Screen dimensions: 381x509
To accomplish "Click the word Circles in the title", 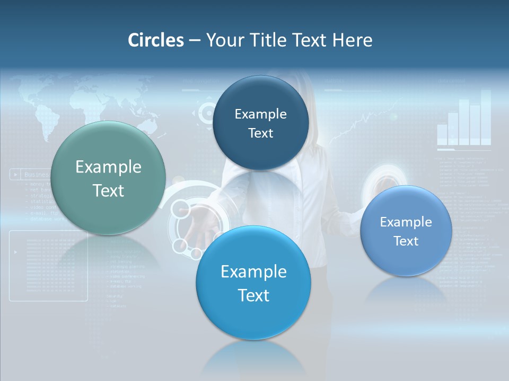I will (x=155, y=40).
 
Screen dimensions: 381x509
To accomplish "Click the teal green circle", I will (x=108, y=178).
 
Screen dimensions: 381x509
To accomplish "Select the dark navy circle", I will (x=260, y=123).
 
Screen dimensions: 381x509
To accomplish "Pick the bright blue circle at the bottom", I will (x=253, y=283).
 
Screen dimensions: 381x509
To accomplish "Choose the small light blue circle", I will (x=406, y=231).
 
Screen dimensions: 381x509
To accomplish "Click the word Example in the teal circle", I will (x=108, y=167).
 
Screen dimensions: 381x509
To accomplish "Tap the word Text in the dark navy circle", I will (x=260, y=133).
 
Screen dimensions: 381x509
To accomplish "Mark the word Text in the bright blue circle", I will (x=253, y=295).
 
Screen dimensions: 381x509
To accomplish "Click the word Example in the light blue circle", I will (x=406, y=222).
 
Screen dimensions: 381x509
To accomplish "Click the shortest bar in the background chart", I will (x=442, y=134).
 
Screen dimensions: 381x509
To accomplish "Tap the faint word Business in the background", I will (x=37, y=174).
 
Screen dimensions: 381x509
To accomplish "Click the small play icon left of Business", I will (x=16, y=174).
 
